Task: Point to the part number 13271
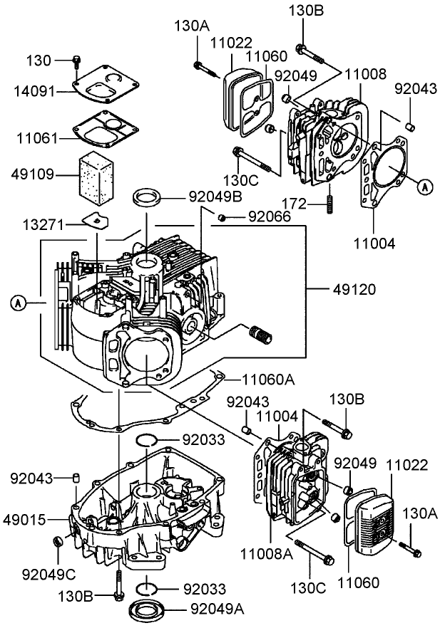click(x=43, y=226)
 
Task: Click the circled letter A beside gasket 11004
click(x=424, y=187)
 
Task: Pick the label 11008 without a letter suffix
click(x=367, y=73)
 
